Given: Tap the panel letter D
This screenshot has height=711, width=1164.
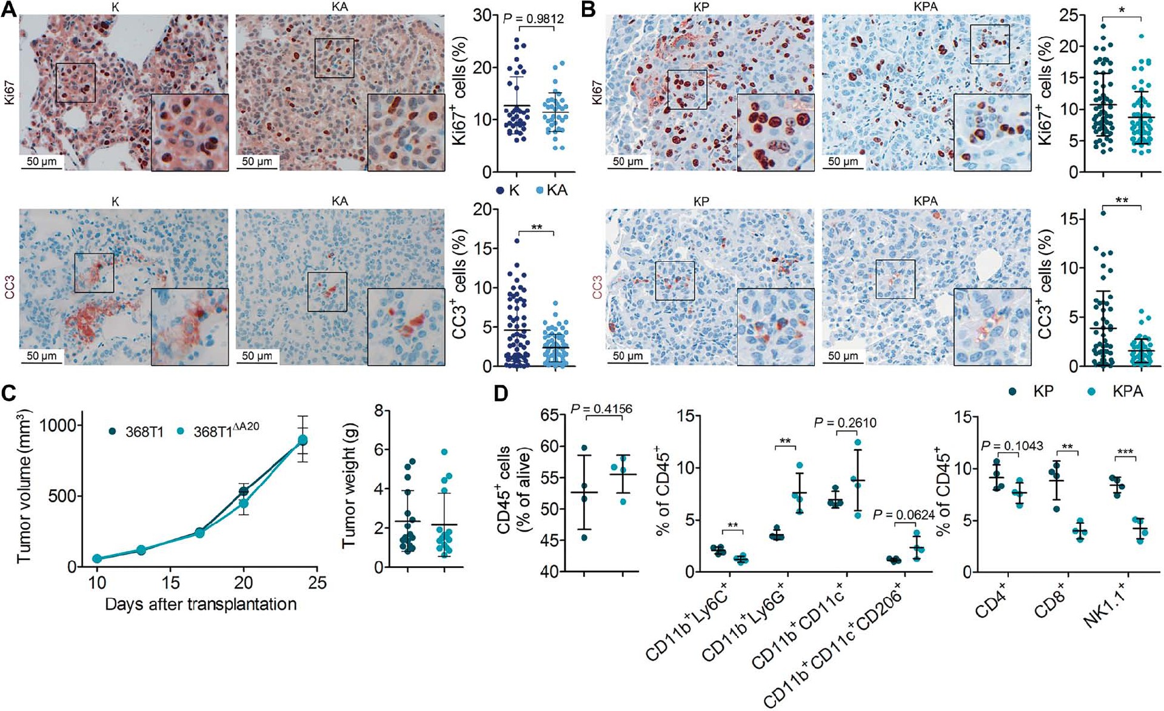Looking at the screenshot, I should [501, 394].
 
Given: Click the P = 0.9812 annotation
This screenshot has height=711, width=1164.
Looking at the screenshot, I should [533, 19].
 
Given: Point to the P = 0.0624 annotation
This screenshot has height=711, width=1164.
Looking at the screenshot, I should [903, 515].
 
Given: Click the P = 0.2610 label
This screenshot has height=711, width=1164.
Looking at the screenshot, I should [845, 422].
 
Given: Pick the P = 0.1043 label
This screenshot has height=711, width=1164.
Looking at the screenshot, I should [1012, 446].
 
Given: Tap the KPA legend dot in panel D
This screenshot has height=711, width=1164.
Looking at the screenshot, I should [1092, 392].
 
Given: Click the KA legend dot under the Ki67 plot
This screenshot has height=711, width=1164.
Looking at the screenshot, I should [540, 190].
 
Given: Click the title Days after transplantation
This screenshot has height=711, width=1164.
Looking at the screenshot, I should [201, 604].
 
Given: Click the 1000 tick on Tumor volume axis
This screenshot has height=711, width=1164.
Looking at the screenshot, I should [59, 425].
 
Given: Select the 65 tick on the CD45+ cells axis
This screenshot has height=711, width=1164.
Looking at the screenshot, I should [550, 415].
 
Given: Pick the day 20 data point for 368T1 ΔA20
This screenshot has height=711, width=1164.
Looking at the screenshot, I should [244, 504].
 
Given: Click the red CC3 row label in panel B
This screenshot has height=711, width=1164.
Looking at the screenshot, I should [597, 287].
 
